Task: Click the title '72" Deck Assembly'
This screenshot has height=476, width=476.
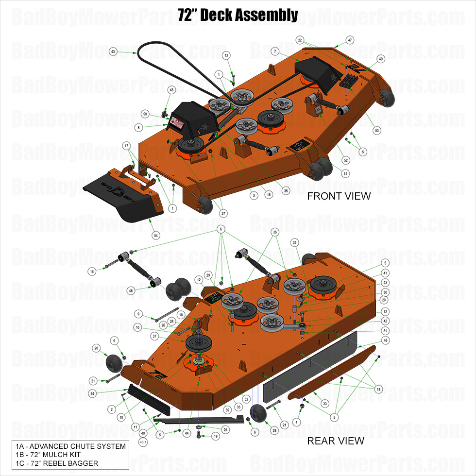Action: (x=238, y=15)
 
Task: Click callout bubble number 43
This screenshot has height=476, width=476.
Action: (x=113, y=51)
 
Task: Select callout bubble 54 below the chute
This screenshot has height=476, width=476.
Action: (x=156, y=235)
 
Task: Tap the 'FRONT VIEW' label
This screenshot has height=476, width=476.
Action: (x=339, y=196)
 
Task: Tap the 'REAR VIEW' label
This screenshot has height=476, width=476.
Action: (x=335, y=441)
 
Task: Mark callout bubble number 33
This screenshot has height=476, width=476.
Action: (x=325, y=403)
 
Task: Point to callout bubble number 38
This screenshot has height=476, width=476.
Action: (x=286, y=191)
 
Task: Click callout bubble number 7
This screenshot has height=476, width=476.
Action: (x=275, y=51)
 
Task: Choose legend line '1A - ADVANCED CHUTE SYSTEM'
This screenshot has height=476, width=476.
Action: (x=70, y=446)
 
